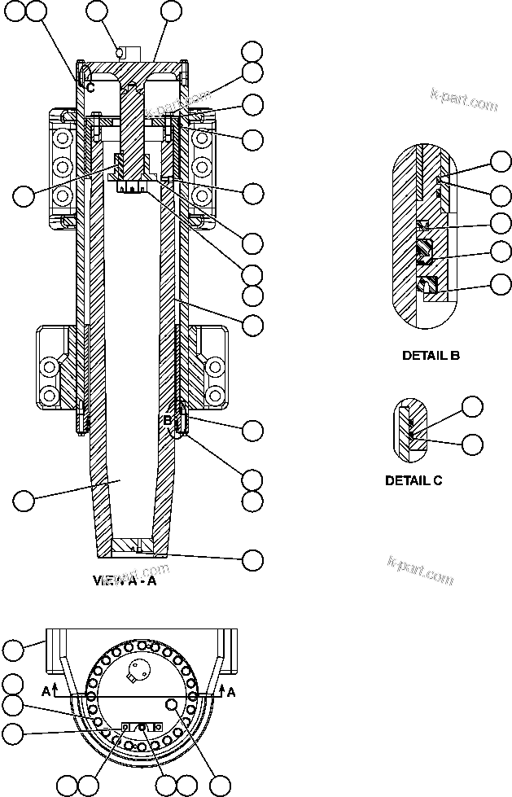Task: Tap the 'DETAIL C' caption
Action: coord(414,480)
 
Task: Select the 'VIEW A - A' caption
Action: coord(126,581)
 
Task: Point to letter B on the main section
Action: coord(167,421)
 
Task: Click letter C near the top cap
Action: coord(90,86)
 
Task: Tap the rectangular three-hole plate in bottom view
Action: coord(142,726)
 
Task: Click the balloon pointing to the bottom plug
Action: coord(253,559)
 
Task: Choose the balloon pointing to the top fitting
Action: coord(97,11)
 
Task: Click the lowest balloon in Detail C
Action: coord(472,444)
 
